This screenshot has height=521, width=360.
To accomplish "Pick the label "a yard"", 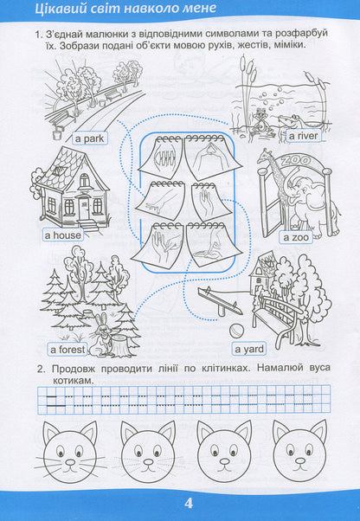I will click(x=250, y=350).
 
